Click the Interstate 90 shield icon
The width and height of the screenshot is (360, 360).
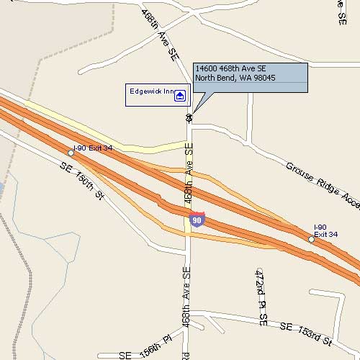click(x=197, y=219)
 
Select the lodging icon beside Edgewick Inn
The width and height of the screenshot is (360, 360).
click(x=179, y=95)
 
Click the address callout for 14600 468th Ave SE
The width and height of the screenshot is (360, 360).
click(x=249, y=77)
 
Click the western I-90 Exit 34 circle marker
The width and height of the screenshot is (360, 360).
click(x=71, y=153)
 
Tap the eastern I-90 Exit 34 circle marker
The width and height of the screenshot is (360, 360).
click(x=311, y=239)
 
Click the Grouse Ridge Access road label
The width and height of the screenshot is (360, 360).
click(x=321, y=186)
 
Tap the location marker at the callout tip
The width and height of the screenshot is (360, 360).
click(x=189, y=117)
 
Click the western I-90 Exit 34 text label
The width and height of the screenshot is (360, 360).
click(x=93, y=148)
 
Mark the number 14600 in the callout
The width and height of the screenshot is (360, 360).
click(x=206, y=68)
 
